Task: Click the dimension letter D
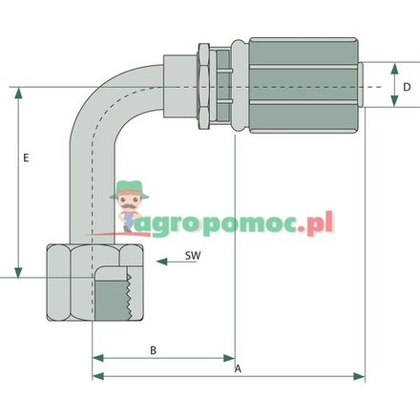click(406, 87)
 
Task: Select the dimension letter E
click(27, 158)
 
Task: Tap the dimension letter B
click(153, 350)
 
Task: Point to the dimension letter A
click(238, 368)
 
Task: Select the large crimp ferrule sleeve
click(306, 86)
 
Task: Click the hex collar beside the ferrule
click(204, 86)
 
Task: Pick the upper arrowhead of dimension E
click(18, 92)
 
